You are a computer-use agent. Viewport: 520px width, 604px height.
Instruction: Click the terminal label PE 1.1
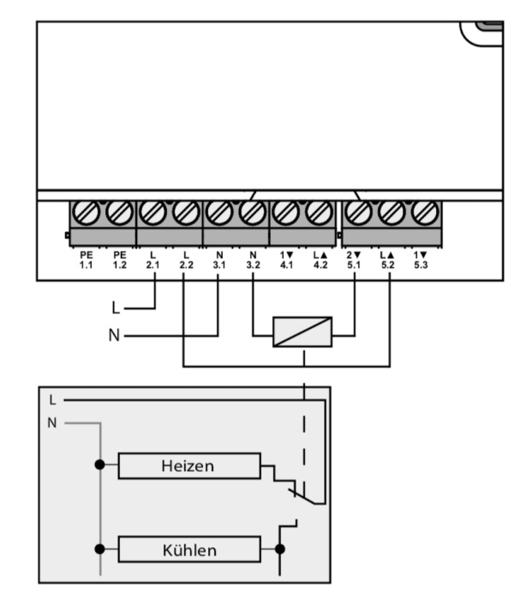[86, 260]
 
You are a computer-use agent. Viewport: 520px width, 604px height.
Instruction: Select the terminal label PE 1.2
[119, 260]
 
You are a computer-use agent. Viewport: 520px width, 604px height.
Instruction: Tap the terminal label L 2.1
[152, 260]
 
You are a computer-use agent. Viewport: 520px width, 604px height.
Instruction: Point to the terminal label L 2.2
[186, 260]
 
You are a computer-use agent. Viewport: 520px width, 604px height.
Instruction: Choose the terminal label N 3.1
[219, 260]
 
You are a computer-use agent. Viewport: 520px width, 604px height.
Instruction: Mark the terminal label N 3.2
[253, 260]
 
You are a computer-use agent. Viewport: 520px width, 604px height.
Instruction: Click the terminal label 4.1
[286, 260]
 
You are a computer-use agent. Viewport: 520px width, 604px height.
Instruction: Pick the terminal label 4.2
[320, 260]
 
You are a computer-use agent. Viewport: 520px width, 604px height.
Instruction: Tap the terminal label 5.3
[421, 260]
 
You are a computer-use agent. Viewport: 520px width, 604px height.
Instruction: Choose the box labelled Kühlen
[189, 547]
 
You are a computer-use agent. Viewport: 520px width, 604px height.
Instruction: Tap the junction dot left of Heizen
[101, 467]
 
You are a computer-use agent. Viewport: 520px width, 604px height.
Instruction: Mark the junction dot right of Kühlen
[279, 547]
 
